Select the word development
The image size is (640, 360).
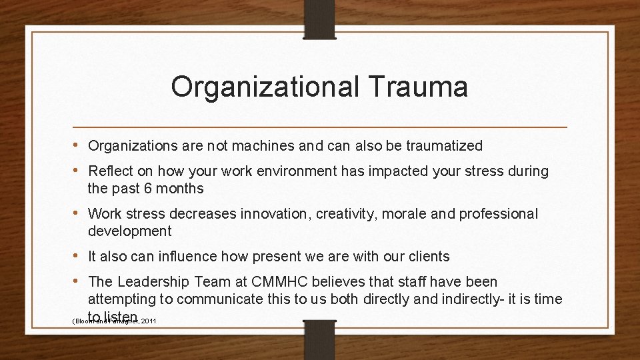129,231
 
